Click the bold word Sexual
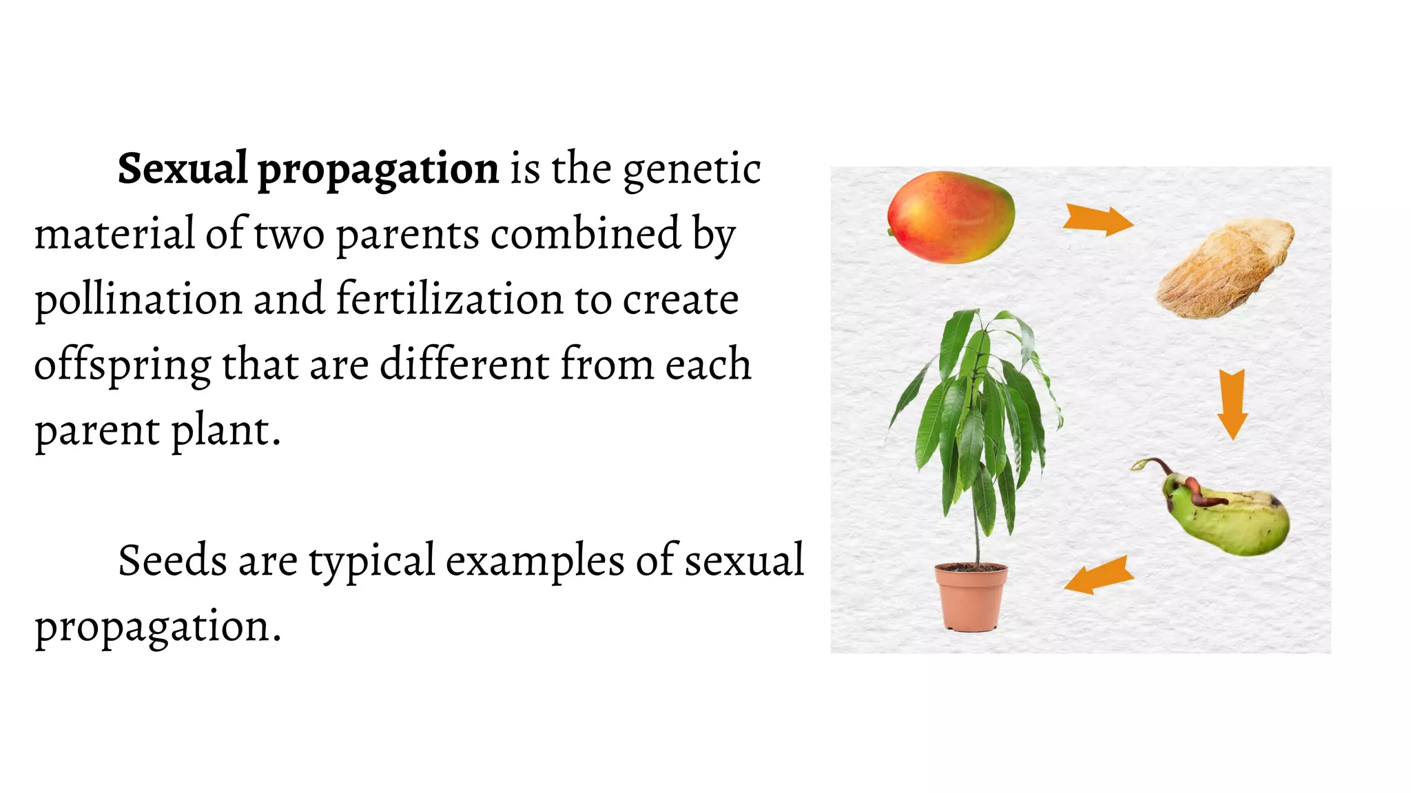182,169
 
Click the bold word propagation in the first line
378,171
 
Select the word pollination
138,301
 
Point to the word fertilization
449,299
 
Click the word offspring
122,366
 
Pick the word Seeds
172,561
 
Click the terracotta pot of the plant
970,596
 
